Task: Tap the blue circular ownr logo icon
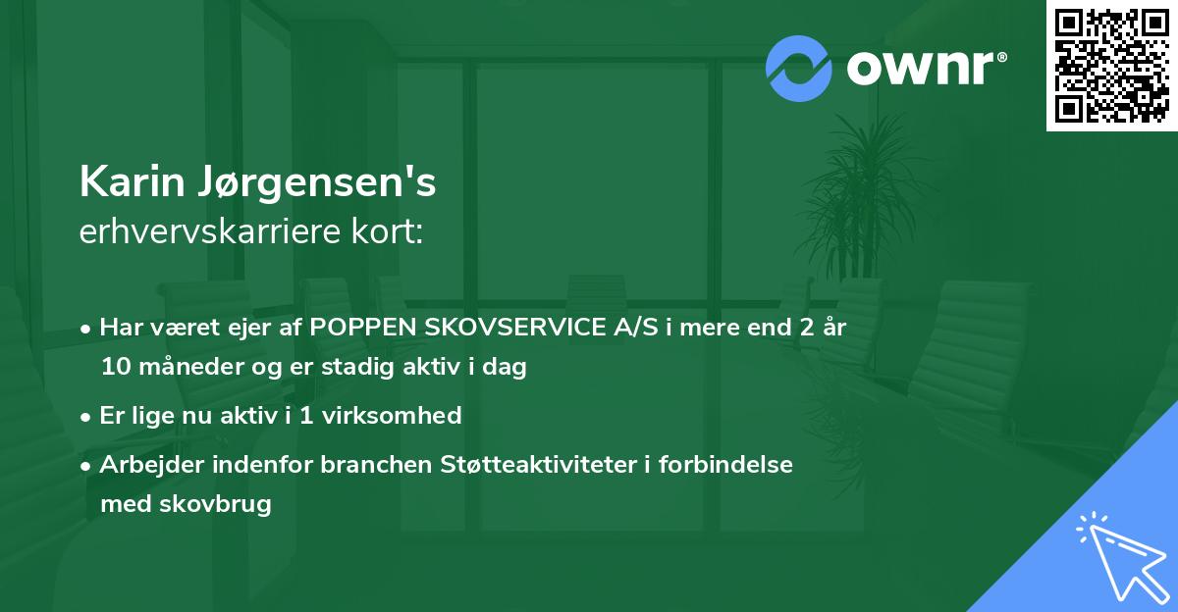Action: click(x=799, y=68)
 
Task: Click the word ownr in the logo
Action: click(x=919, y=69)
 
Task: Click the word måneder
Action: click(x=183, y=368)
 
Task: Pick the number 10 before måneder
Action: click(x=115, y=368)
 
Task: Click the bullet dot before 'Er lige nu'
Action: click(x=87, y=416)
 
